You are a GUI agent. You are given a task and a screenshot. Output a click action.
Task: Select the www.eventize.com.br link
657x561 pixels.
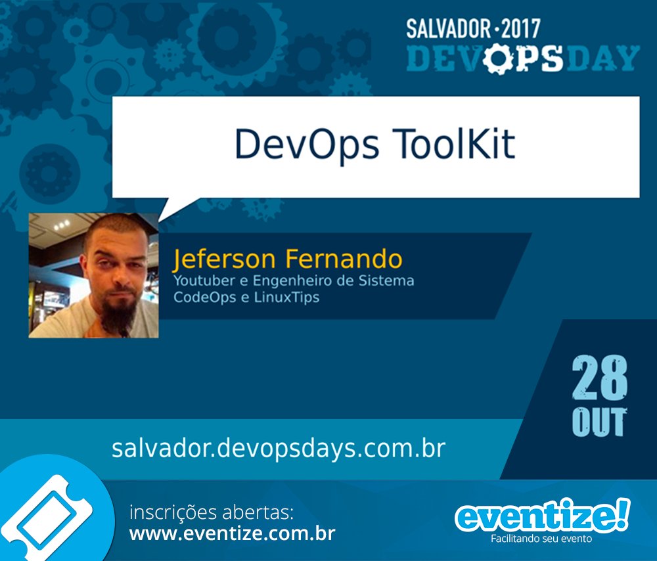(x=232, y=533)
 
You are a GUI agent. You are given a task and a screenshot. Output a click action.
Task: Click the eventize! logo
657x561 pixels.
(x=542, y=516)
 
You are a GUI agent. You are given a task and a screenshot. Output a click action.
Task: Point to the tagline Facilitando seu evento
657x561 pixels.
(x=541, y=539)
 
